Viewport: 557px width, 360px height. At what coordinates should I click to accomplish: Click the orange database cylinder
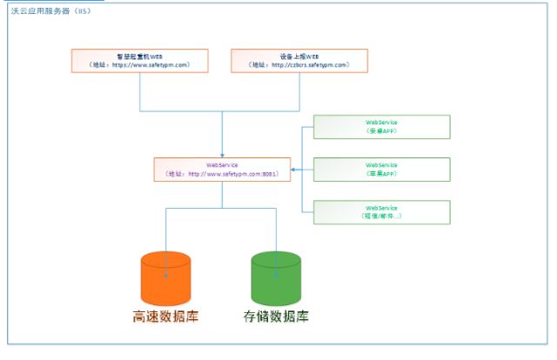pos(164,278)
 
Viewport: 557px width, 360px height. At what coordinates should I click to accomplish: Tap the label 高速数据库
pos(165,317)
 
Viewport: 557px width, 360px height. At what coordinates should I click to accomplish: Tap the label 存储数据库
pos(276,317)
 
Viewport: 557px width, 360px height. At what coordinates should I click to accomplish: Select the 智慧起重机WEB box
pos(139,60)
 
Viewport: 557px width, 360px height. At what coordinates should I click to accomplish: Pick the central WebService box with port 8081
pos(221,169)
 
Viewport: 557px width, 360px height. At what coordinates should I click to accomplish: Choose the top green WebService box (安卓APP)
pos(381,127)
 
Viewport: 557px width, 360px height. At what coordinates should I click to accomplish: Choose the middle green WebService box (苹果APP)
pos(381,169)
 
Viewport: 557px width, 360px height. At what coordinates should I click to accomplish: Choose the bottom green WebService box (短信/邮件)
pos(381,212)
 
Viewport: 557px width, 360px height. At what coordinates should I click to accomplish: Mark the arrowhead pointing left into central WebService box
pos(293,170)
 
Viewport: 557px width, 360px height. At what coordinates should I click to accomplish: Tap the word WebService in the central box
pos(221,163)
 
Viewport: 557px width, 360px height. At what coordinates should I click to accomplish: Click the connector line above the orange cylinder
pos(164,230)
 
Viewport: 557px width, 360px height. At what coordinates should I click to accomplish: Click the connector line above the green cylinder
pos(276,230)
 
